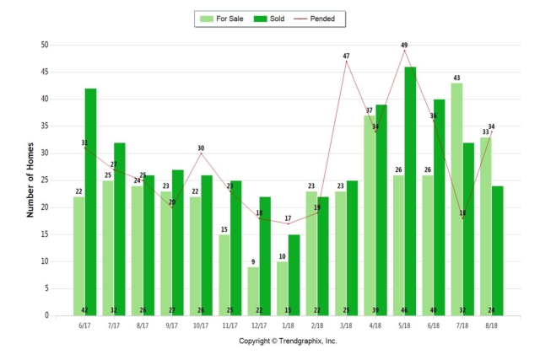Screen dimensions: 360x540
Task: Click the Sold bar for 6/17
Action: click(x=90, y=202)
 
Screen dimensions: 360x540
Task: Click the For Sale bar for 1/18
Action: click(x=282, y=288)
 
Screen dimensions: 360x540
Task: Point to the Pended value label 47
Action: click(x=346, y=56)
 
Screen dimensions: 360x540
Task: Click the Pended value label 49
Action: click(x=404, y=46)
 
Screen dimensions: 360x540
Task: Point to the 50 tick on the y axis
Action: click(x=44, y=46)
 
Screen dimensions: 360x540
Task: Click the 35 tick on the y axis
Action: click(x=44, y=126)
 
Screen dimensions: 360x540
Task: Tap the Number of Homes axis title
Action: click(x=30, y=180)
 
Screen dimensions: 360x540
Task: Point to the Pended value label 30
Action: click(x=201, y=148)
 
